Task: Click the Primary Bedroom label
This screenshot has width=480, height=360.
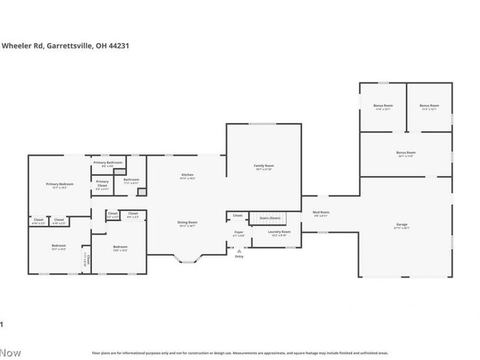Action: [x=59, y=185]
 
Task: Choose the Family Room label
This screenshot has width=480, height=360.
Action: [x=263, y=167]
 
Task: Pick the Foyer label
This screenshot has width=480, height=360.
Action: [x=239, y=233]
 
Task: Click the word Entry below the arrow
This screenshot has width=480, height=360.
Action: [x=239, y=256]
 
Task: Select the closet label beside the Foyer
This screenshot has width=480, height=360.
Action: [x=238, y=215]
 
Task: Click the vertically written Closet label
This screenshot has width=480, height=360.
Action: [x=88, y=260]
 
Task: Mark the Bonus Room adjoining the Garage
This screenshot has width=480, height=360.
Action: [x=406, y=154]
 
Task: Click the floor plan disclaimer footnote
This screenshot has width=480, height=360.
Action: [x=239, y=353]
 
